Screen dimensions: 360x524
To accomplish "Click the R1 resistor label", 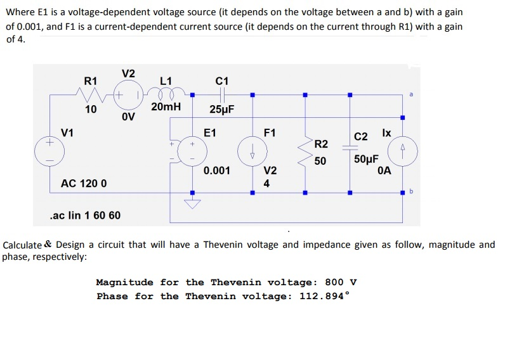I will pyautogui.click(x=91, y=81).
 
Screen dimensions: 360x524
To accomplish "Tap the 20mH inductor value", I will pyautogui.click(x=166, y=107).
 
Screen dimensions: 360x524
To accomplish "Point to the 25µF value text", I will pyautogui.click(x=221, y=109).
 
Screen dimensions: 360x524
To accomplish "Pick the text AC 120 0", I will pyautogui.click(x=84, y=183).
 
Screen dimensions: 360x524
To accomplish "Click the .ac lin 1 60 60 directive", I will pyautogui.click(x=84, y=215).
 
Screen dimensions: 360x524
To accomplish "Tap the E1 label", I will pyautogui.click(x=210, y=133).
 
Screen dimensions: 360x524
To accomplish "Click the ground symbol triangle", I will pyautogui.click(x=193, y=204).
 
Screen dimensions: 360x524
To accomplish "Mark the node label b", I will pyautogui.click(x=410, y=190).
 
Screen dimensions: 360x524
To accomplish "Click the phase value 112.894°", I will pyautogui.click(x=322, y=296).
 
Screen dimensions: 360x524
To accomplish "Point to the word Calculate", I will pyautogui.click(x=23, y=245).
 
